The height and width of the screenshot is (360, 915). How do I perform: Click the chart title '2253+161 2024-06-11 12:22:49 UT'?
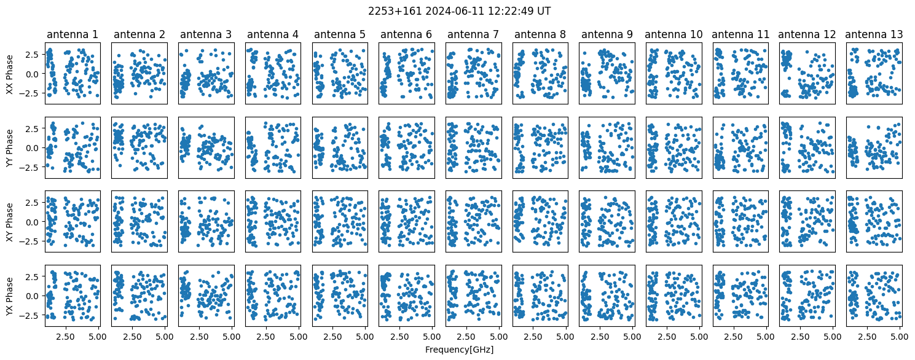point(459,11)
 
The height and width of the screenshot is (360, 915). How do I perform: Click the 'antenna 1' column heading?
point(73,34)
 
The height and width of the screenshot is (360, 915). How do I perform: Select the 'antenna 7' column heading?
point(473,34)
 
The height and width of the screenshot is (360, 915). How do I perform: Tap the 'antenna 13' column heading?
point(874,34)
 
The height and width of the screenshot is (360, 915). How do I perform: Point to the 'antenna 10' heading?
point(673,34)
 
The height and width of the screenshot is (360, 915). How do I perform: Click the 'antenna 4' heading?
point(272,34)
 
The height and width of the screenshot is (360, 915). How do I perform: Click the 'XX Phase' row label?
point(9,74)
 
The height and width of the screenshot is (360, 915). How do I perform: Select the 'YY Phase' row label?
point(9,148)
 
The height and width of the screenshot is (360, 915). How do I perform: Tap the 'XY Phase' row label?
point(9,222)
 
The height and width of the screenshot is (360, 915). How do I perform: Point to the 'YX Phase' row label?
point(9,296)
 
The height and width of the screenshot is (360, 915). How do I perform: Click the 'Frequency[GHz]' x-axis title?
point(459,350)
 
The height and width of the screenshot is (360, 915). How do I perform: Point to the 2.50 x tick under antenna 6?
point(399,337)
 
